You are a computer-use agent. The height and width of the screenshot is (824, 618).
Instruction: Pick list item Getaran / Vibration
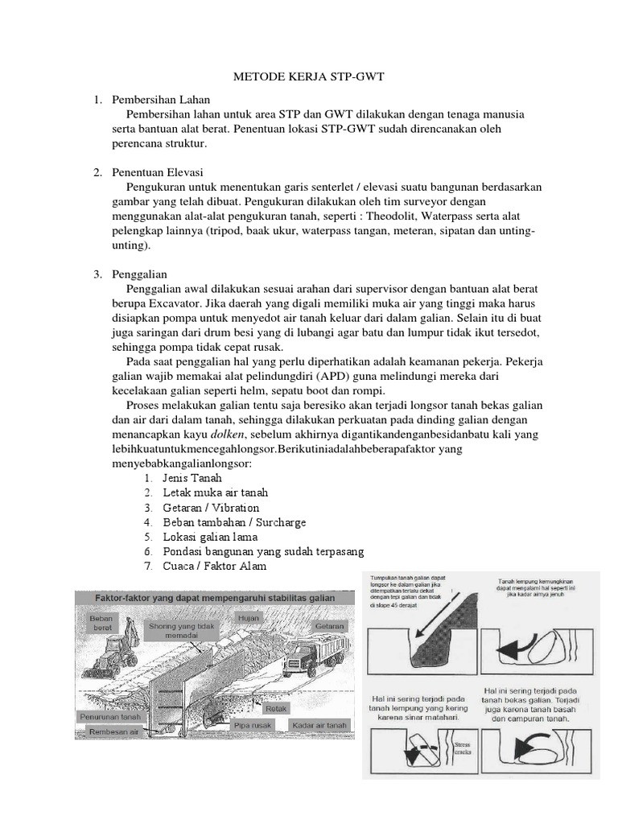[211, 507]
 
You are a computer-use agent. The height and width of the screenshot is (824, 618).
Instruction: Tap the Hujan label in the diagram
[246, 617]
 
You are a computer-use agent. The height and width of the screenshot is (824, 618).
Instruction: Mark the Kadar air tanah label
[320, 724]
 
